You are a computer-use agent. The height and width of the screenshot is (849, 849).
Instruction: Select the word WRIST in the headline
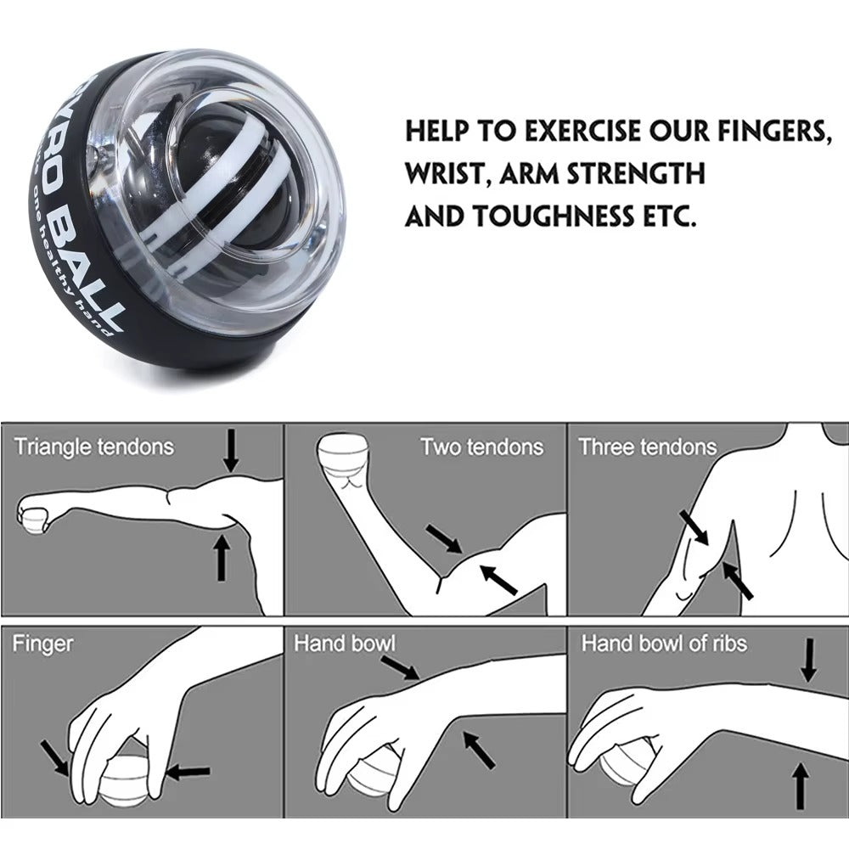(x=446, y=174)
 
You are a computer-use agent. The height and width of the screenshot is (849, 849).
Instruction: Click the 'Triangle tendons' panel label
(x=93, y=447)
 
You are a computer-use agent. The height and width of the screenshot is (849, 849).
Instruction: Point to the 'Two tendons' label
(x=481, y=447)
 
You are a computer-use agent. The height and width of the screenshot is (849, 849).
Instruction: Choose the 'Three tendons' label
(x=647, y=447)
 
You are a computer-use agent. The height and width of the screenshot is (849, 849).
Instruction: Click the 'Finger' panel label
(x=42, y=644)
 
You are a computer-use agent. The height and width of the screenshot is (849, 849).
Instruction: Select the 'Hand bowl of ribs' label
(x=664, y=644)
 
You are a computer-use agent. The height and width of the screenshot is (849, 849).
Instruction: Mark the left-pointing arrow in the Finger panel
(x=188, y=772)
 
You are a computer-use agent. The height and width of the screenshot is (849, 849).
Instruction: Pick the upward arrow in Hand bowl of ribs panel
(x=798, y=785)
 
